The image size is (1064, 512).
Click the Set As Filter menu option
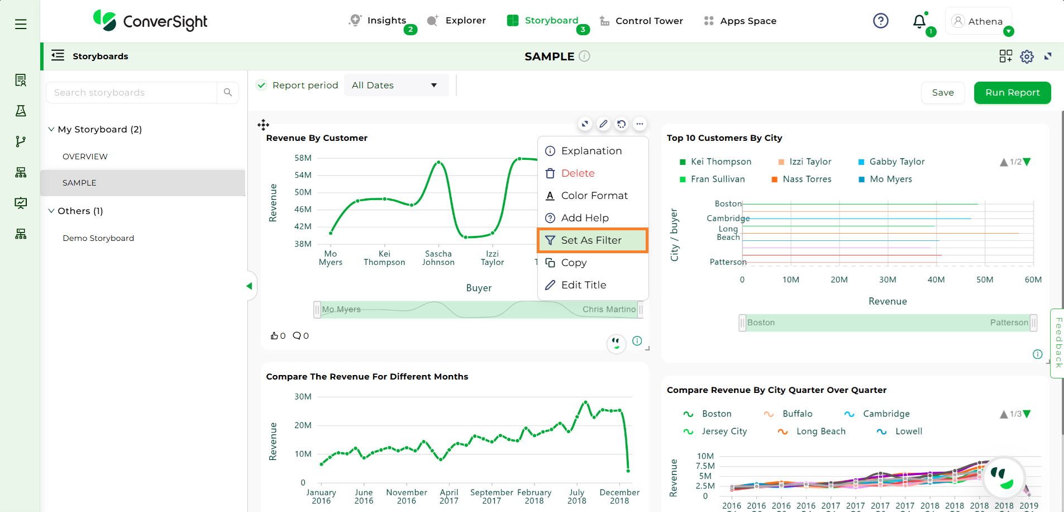[x=591, y=240]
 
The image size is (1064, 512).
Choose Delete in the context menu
[x=578, y=173]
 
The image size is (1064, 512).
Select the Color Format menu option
[x=594, y=196]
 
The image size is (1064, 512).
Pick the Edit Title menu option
[x=583, y=285]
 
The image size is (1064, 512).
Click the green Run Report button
[x=1012, y=93]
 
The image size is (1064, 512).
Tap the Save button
[x=942, y=93]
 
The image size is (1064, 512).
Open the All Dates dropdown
[x=395, y=86]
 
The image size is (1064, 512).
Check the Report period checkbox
[x=261, y=86]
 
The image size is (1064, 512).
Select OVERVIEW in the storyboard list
[x=85, y=157]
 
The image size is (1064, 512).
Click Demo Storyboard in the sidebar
[x=98, y=238]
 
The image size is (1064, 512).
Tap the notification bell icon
[x=919, y=21]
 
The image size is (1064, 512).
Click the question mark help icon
[x=880, y=21]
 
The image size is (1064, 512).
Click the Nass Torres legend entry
[x=807, y=179]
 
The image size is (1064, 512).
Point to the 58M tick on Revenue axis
[x=303, y=158]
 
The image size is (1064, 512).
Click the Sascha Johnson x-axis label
[x=438, y=258]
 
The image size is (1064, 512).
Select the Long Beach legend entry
[x=820, y=432]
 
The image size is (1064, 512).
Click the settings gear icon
[x=1027, y=56]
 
